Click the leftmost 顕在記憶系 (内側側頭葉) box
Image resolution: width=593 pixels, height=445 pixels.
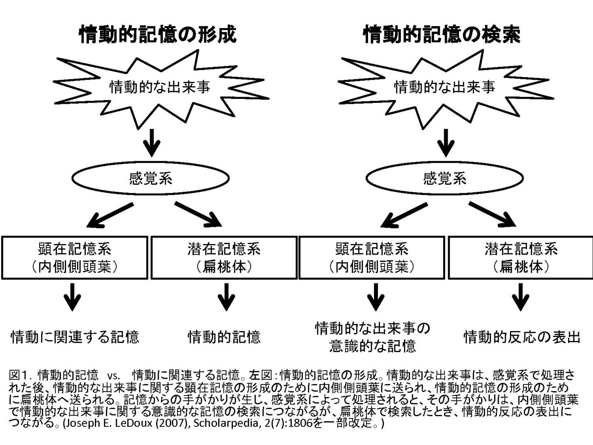point(74,257)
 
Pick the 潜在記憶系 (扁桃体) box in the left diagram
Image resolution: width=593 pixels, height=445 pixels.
point(224,257)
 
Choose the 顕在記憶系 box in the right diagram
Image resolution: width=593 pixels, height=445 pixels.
point(372,257)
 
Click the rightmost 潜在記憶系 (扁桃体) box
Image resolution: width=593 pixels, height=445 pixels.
point(521,257)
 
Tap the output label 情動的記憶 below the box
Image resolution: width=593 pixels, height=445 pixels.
point(224,337)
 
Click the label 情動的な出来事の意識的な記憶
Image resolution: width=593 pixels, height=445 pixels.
point(372,337)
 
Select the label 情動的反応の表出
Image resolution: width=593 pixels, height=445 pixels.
point(521,337)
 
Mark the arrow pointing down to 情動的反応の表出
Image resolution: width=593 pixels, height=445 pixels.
point(521,297)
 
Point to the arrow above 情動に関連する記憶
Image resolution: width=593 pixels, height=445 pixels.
point(72,297)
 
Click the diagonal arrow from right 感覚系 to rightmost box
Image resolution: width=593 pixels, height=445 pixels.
point(492,214)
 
